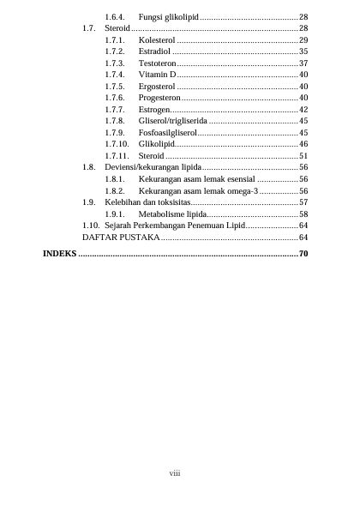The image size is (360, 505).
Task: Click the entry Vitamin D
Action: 157,75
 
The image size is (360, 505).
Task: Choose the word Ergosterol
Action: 156,87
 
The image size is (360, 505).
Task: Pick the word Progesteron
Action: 158,99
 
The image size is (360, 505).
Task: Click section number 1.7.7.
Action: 115,110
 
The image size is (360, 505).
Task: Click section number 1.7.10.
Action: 117,145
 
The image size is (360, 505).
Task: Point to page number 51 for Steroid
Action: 303,156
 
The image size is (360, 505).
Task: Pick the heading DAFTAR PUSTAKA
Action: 120,236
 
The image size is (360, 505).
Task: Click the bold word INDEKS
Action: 59,255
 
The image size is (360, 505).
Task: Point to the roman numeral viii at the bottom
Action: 174,472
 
